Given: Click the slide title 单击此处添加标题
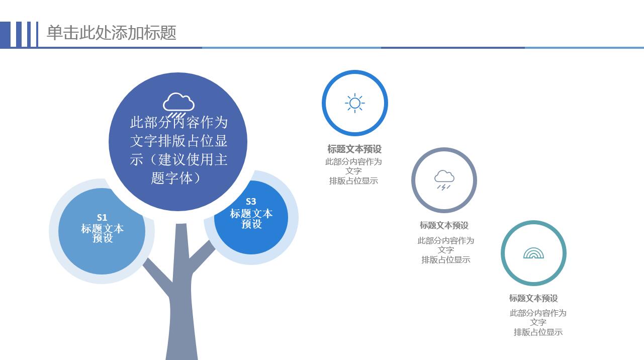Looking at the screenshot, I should pyautogui.click(x=112, y=33).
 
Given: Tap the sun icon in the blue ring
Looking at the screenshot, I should pyautogui.click(x=354, y=103).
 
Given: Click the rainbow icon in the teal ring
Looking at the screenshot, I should pyautogui.click(x=533, y=253).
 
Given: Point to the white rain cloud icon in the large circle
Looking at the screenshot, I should pyautogui.click(x=178, y=103).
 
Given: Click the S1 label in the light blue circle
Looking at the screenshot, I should pyautogui.click(x=102, y=218).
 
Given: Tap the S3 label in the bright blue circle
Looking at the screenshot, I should pyautogui.click(x=251, y=202).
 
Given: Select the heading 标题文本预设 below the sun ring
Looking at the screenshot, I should pyautogui.click(x=354, y=149).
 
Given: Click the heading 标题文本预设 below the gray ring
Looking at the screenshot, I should pyautogui.click(x=444, y=225).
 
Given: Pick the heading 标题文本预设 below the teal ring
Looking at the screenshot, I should pyautogui.click(x=533, y=298).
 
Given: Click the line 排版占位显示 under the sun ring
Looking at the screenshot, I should pyautogui.click(x=353, y=181).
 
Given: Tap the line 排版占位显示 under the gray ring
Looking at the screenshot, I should pyautogui.click(x=445, y=260).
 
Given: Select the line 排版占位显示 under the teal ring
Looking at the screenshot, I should pyautogui.click(x=538, y=332).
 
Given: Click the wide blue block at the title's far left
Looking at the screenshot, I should pyautogui.click(x=5, y=34).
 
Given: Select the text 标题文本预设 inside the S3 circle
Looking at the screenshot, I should pyautogui.click(x=251, y=219).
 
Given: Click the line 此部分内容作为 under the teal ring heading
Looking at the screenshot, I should pyautogui.click(x=538, y=313).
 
